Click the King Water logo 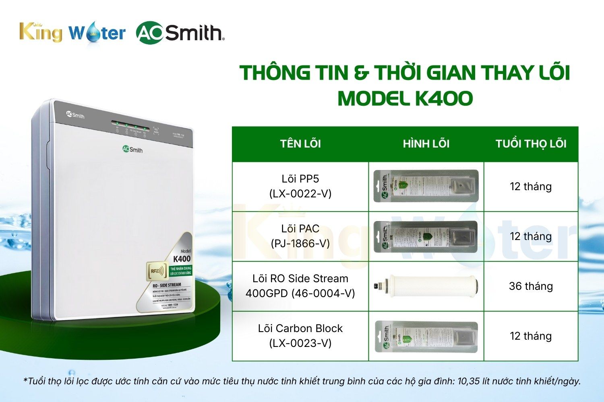point(72,32)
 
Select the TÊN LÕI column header point(300,144)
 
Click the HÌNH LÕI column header point(426,144)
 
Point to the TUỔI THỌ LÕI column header point(531,144)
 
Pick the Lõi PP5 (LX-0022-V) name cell point(300,186)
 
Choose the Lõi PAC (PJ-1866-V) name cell point(300,236)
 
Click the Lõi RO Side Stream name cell point(300,286)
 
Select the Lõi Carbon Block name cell point(300,336)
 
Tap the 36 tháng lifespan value point(531,286)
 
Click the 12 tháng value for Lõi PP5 point(531,187)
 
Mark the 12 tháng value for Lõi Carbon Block point(531,336)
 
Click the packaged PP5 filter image point(426,186)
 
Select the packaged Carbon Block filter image point(426,336)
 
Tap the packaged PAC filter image point(426,236)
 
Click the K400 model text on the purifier point(182,258)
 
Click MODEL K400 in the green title point(405,98)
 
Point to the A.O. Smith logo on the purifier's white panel point(132,149)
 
